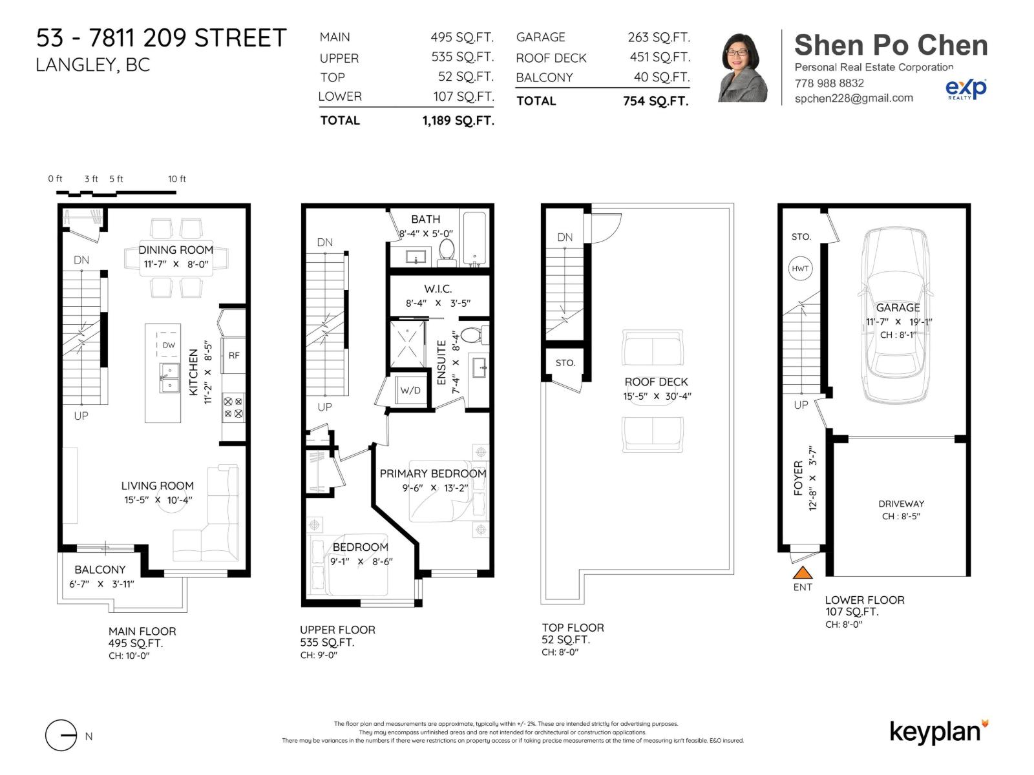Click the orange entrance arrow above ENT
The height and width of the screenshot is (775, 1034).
point(802,572)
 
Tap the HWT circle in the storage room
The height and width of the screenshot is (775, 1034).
point(800,269)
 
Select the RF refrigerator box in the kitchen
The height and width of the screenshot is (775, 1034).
point(234,355)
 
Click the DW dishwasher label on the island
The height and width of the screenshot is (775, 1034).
point(169,345)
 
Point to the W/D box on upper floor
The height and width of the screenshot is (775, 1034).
point(410,390)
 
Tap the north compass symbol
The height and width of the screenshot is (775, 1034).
point(61,736)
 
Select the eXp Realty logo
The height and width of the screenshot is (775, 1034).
point(965,88)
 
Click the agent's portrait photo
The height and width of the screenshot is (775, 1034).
point(743,68)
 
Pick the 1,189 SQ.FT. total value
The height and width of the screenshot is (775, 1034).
point(458,120)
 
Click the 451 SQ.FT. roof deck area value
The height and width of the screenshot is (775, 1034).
point(660,57)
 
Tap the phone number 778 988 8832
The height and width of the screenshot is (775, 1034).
point(829,83)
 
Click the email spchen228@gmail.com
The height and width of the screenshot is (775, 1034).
point(854,98)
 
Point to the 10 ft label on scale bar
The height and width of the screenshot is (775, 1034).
point(177,179)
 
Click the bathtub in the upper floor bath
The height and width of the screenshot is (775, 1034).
point(475,238)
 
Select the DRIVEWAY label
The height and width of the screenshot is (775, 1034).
point(901,504)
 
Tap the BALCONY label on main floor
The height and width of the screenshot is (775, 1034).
point(100,570)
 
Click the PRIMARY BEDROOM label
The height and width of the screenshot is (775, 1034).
point(432,473)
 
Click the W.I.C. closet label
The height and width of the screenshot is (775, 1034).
point(438,289)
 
